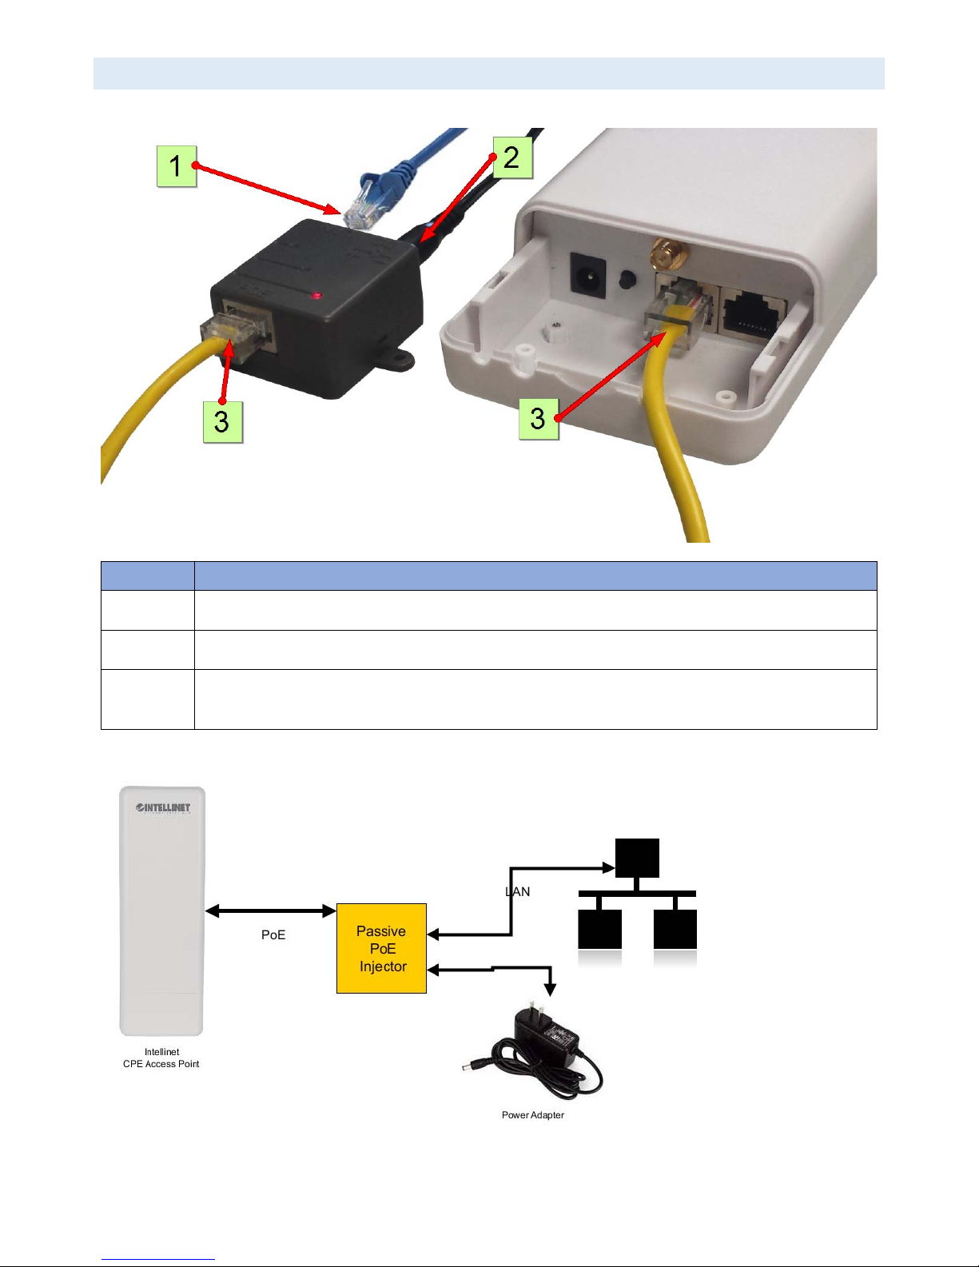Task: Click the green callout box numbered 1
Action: point(177,166)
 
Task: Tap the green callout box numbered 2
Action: point(513,157)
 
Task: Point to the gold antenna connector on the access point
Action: point(669,254)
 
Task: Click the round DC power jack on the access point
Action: point(587,273)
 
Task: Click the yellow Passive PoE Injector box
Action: point(382,948)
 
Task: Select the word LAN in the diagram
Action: point(518,891)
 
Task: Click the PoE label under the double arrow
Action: point(273,934)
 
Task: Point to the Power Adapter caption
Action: point(532,1115)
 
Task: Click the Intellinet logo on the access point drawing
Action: point(163,807)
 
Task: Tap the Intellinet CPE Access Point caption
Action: point(161,1058)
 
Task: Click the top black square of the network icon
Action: point(637,858)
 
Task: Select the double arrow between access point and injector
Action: point(271,910)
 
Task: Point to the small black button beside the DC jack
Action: point(627,279)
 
